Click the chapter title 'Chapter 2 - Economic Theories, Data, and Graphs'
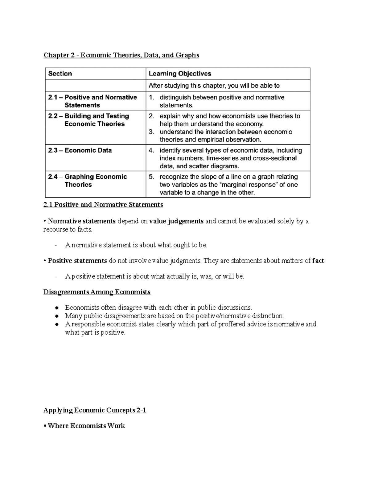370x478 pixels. pyautogui.click(x=121, y=55)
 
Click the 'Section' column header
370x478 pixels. pyautogui.click(x=60, y=74)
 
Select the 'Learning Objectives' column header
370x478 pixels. pyautogui.click(x=180, y=74)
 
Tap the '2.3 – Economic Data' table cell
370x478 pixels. pyautogui.click(x=80, y=151)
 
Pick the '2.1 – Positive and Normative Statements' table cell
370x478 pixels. pyautogui.click(x=92, y=101)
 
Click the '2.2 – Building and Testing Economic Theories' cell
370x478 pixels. pyautogui.click(x=88, y=120)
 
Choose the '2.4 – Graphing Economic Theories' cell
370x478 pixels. pyautogui.click(x=88, y=181)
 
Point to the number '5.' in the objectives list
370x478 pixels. pyautogui.click(x=151, y=177)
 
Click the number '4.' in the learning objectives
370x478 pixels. pyautogui.click(x=151, y=151)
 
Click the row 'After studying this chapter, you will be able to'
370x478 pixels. pyautogui.click(x=214, y=86)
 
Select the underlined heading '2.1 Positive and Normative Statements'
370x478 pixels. pyautogui.click(x=103, y=205)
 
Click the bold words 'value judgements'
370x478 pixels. pyautogui.click(x=176, y=221)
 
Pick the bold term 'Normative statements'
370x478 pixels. pyautogui.click(x=82, y=221)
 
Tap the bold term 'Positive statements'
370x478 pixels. pyautogui.click(x=77, y=261)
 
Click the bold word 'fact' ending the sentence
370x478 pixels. pyautogui.click(x=318, y=261)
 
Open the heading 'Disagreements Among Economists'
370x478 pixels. pyautogui.click(x=97, y=292)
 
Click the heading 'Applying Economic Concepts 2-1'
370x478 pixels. pyautogui.click(x=95, y=410)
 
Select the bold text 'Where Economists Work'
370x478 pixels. pyautogui.click(x=86, y=426)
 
